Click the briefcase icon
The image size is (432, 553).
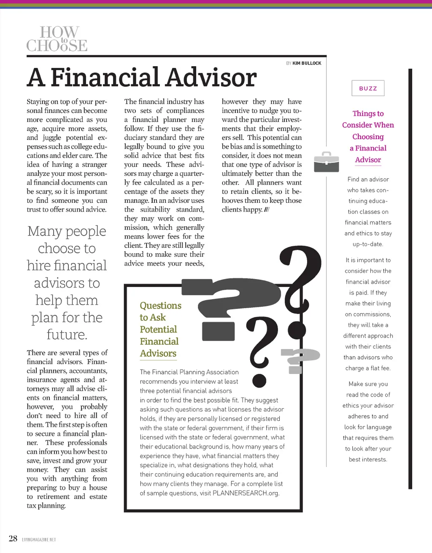pyautogui.click(x=327, y=162)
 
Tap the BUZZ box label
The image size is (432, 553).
pyautogui.click(x=368, y=89)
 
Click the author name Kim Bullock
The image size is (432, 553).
pyautogui.click(x=307, y=63)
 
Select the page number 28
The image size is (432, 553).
pyautogui.click(x=13, y=538)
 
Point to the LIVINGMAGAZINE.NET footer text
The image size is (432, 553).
pyautogui.click(x=39, y=540)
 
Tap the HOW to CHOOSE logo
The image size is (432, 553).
pyautogui.click(x=57, y=39)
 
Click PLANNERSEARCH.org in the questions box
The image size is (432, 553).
pyautogui.click(x=246, y=493)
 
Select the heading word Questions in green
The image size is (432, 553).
pyautogui.click(x=160, y=306)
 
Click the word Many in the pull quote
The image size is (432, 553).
pyautogui.click(x=44, y=231)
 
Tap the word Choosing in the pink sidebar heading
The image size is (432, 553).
pyautogui.click(x=368, y=137)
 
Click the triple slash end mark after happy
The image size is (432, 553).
pyautogui.click(x=267, y=210)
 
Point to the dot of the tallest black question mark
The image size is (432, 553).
pyautogui.click(x=297, y=331)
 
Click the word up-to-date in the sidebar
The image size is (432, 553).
pyautogui.click(x=368, y=244)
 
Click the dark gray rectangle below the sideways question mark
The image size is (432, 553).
pyautogui.click(x=218, y=331)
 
